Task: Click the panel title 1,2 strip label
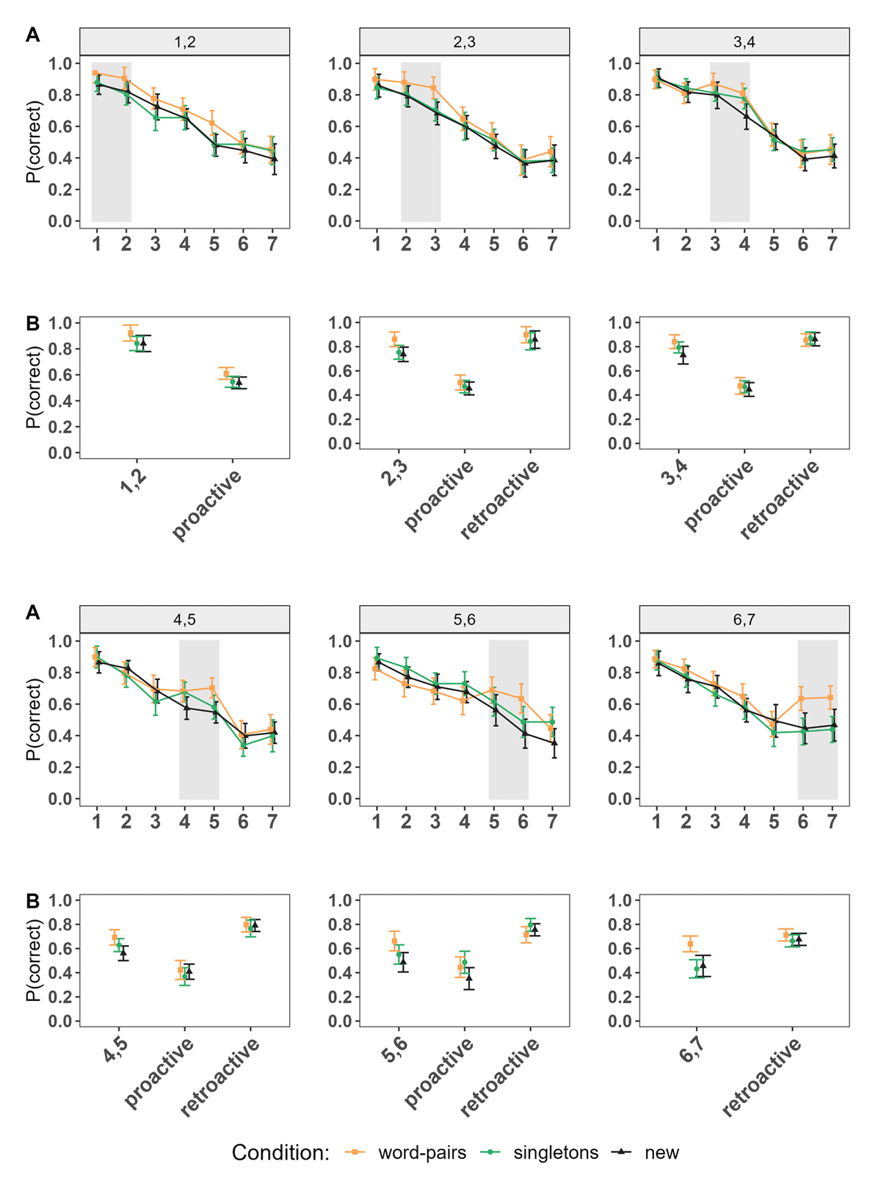pos(184,42)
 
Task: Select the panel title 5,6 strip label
pos(465,620)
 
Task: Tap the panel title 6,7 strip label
pos(744,620)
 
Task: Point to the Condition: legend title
pos(280,1153)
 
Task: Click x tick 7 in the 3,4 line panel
pos(832,244)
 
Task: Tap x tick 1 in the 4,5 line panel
pos(97,822)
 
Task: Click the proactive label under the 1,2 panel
pos(209,505)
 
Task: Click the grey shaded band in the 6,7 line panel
pos(817,720)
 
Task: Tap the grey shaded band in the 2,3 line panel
pos(421,142)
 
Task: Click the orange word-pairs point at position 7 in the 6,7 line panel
pos(830,697)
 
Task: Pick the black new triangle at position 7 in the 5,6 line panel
pos(554,743)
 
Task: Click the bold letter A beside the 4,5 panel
pos(32,612)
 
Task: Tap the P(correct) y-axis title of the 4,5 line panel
pos(33,719)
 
